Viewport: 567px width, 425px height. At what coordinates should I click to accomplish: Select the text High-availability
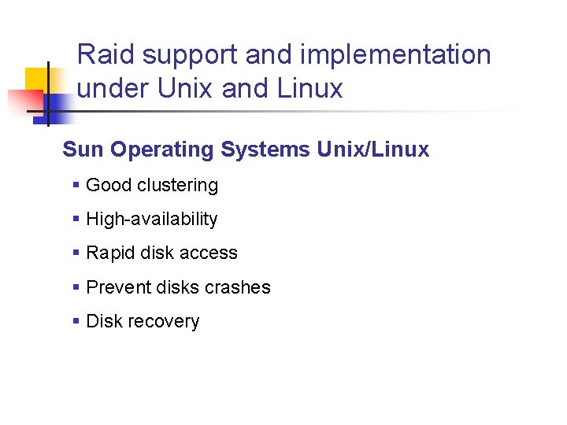pos(151,220)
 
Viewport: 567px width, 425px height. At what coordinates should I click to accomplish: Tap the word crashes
pos(237,287)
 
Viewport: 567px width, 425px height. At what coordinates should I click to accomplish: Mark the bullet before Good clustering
pos(76,186)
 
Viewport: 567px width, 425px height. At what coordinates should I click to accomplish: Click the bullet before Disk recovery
pos(76,321)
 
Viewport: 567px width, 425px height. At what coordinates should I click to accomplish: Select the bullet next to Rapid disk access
pos(76,253)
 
